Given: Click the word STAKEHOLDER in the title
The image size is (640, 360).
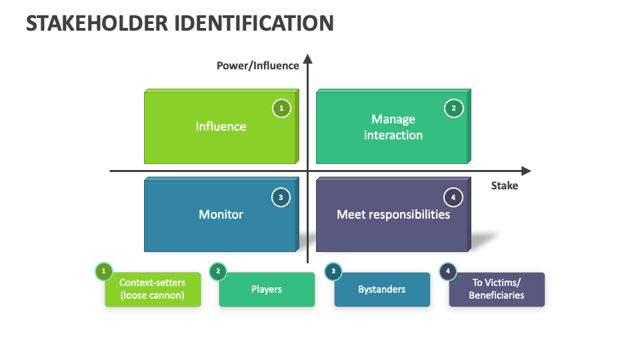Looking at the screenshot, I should (96, 23).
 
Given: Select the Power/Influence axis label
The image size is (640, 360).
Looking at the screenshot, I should (257, 65).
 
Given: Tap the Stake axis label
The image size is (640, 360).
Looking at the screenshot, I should (504, 185).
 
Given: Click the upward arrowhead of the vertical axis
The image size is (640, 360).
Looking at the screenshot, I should (307, 59).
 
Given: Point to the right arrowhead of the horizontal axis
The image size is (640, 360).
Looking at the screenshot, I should (526, 171).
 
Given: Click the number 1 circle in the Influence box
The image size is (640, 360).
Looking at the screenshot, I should (281, 108).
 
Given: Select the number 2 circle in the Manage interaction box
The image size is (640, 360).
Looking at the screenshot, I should (453, 108).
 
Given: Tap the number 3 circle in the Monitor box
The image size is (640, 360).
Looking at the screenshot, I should (281, 197).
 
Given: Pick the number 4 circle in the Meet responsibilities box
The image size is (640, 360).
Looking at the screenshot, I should (453, 197).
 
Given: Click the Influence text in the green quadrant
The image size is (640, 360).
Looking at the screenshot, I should (221, 127).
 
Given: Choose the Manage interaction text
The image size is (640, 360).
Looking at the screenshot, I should (393, 127).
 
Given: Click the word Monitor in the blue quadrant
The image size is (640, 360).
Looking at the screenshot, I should (221, 215).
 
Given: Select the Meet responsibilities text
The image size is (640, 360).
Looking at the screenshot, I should (393, 215).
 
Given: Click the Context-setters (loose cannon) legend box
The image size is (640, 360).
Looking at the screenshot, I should (153, 289).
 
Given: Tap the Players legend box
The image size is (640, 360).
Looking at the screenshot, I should (267, 289).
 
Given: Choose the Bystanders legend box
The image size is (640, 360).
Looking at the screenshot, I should (382, 289).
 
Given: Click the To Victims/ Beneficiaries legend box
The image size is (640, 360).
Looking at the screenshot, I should (497, 289).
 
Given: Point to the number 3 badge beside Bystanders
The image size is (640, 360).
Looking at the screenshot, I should (333, 271).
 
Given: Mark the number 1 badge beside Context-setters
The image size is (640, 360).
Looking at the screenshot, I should (103, 271).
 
